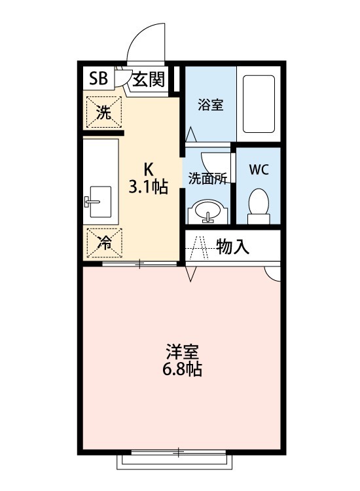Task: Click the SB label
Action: (x=98, y=79)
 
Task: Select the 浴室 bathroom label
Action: (x=211, y=105)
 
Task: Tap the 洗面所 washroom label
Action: (x=207, y=178)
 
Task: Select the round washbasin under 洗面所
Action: (x=207, y=211)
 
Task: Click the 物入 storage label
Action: (x=232, y=247)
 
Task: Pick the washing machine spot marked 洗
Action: (x=103, y=112)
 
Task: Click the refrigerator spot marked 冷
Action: (x=103, y=242)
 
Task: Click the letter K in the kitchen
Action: (x=149, y=167)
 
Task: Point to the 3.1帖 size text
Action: (x=149, y=187)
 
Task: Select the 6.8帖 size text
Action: (x=183, y=369)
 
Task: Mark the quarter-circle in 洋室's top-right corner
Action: (x=274, y=274)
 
